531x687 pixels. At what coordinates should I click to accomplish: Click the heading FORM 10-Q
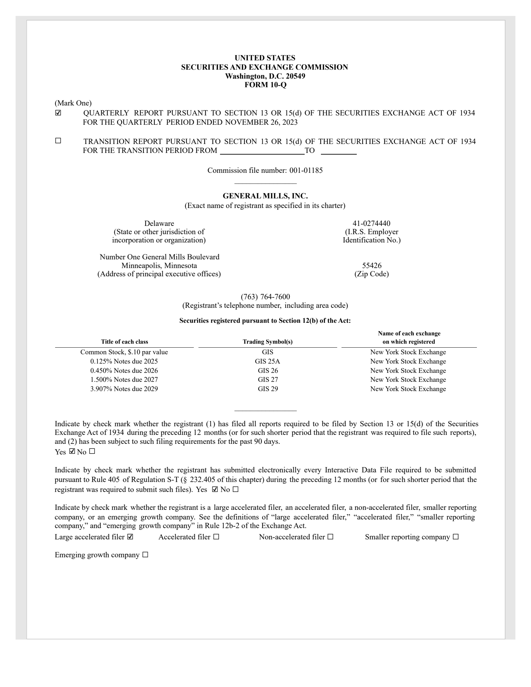[265, 85]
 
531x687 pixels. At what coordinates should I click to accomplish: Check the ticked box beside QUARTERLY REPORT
[58, 113]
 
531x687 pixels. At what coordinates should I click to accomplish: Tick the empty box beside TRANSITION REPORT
[58, 141]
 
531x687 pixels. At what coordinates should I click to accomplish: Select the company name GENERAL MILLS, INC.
[265, 196]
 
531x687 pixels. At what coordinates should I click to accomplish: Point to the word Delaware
[159, 223]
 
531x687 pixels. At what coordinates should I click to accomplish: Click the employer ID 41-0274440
[371, 223]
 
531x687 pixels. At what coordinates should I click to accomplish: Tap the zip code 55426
[372, 265]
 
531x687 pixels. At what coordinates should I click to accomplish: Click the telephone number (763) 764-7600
[265, 297]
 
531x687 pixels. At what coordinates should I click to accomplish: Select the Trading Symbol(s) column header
[267, 342]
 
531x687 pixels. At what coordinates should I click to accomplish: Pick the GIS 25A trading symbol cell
[267, 361]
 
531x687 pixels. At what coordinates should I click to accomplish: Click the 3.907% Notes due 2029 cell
[124, 389]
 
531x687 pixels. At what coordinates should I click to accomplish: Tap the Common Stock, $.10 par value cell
[124, 352]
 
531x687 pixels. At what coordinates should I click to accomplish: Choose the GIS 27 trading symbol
[267, 379]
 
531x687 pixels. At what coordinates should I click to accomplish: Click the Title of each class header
[124, 342]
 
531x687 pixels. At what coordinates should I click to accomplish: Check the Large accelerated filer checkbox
[130, 537]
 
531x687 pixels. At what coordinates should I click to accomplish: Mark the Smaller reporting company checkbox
[455, 537]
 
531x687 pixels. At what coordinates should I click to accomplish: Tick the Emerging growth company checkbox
[145, 555]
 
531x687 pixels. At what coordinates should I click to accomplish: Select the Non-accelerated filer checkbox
[330, 537]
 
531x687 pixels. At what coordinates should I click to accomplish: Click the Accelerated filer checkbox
[216, 537]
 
